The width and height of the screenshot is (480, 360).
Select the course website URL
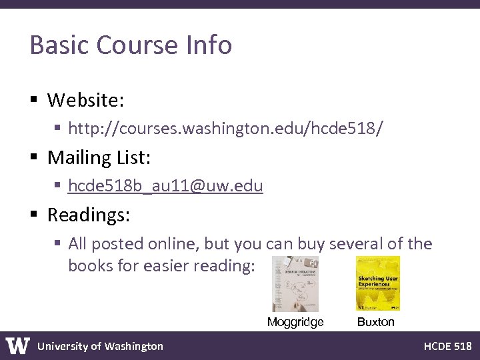coord(226,128)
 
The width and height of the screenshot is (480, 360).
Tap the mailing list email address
coord(165,185)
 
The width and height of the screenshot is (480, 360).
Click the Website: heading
coord(85,100)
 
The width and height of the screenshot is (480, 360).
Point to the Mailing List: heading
coord(99,157)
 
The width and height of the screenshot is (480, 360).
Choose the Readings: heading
coord(89,215)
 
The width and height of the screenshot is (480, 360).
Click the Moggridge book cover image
coord(295,283)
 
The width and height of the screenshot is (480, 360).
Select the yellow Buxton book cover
coord(377,283)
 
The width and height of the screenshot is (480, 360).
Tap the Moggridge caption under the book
coord(295,323)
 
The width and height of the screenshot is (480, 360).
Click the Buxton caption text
coord(376,323)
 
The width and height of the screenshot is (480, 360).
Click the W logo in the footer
coord(18,345)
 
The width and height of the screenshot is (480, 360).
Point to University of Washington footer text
coord(100,346)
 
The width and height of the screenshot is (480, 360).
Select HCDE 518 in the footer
coord(447,346)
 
